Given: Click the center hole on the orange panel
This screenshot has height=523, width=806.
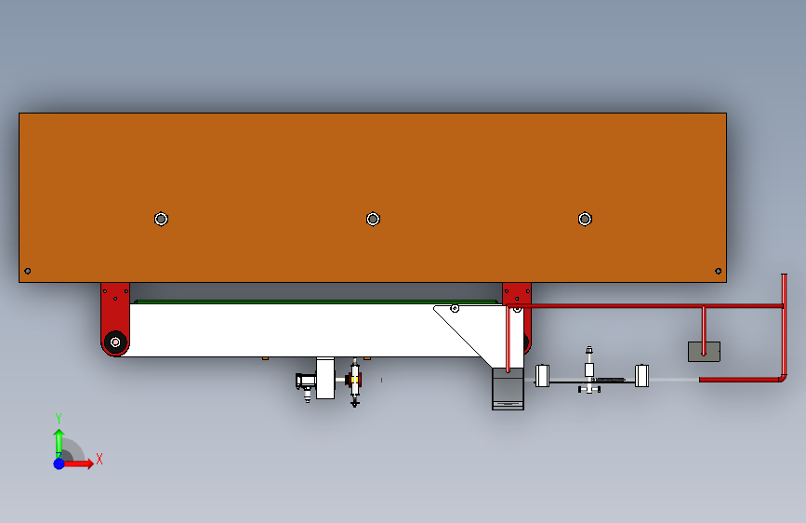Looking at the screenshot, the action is pyautogui.click(x=373, y=220).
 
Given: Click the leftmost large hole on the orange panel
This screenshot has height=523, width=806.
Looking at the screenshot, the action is pyautogui.click(x=162, y=220).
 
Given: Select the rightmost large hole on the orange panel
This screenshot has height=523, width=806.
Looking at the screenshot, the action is pyautogui.click(x=585, y=220).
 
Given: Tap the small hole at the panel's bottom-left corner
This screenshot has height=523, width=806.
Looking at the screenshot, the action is pyautogui.click(x=28, y=271).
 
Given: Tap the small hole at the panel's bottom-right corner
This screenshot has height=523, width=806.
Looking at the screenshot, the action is pyautogui.click(x=718, y=271).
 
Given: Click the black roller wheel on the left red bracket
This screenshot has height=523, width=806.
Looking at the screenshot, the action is pyautogui.click(x=115, y=342).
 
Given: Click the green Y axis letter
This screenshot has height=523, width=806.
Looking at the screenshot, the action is pyautogui.click(x=59, y=418).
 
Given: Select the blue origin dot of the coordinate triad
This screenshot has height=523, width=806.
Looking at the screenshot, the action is pyautogui.click(x=59, y=463).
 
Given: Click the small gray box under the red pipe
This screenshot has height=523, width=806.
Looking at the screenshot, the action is pyautogui.click(x=705, y=352).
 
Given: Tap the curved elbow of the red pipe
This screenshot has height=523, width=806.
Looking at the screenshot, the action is pyautogui.click(x=782, y=379).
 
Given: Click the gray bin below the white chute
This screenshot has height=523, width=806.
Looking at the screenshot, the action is pyautogui.click(x=508, y=389).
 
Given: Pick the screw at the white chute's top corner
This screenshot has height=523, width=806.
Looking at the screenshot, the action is pyautogui.click(x=455, y=308).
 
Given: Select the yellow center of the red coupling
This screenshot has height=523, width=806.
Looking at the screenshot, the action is pyautogui.click(x=354, y=380).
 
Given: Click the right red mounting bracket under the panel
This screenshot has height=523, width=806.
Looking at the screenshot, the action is pyautogui.click(x=517, y=299).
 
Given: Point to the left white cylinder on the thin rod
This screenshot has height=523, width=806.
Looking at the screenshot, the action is pyautogui.click(x=542, y=376).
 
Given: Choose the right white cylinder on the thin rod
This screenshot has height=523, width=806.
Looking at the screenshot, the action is pyautogui.click(x=641, y=376).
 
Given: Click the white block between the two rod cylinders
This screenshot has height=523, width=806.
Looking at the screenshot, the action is pyautogui.click(x=589, y=369).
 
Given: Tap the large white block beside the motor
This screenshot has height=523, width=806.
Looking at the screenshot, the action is pyautogui.click(x=325, y=379).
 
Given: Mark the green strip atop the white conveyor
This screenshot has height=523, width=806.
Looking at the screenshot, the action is pyautogui.click(x=316, y=302).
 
